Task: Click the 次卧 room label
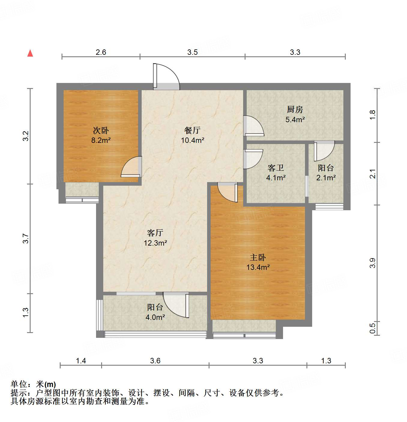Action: [101, 130]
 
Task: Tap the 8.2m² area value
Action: [101, 140]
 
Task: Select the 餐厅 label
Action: [192, 130]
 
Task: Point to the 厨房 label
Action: [295, 110]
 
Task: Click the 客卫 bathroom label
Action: [276, 168]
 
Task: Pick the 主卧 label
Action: [258, 257]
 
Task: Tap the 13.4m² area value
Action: [258, 267]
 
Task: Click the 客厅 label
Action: [155, 233]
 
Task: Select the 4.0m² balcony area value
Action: [155, 317]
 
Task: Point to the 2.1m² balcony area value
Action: [326, 178]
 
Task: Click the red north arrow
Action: [30, 53]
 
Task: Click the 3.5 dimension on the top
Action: [192, 52]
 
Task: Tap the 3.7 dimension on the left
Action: [26, 238]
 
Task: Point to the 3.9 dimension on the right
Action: [372, 263]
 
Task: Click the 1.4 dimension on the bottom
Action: [81, 361]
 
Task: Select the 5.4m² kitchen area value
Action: [295, 120]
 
